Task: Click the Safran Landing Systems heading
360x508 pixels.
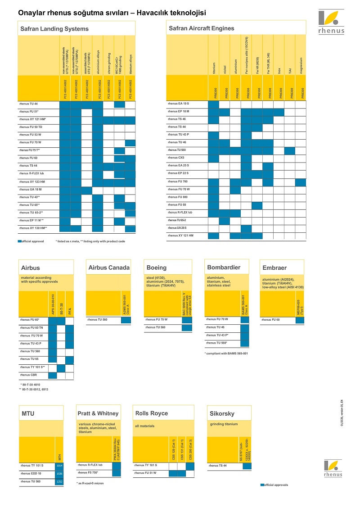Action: click(x=54, y=29)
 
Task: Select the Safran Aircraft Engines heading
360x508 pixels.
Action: click(x=201, y=28)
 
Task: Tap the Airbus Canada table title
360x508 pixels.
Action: click(x=109, y=268)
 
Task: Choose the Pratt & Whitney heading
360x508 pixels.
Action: click(x=98, y=413)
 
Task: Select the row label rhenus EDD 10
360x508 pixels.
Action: click(x=31, y=474)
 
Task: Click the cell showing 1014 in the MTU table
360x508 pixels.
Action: click(x=59, y=466)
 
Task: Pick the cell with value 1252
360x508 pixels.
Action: click(x=59, y=481)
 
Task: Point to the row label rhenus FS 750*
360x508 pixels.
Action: click(x=88, y=472)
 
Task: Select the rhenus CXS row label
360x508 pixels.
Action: click(x=176, y=158)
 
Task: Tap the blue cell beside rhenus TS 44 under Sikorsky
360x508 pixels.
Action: click(x=247, y=466)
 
